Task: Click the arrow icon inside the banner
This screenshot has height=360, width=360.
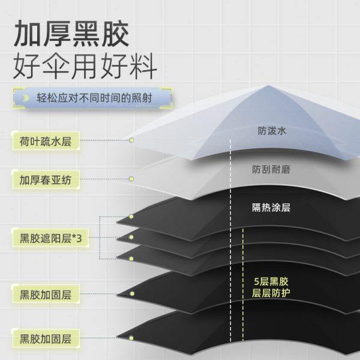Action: [26, 97]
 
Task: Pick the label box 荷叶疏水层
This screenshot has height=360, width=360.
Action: [45, 142]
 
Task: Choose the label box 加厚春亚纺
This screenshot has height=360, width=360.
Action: [45, 179]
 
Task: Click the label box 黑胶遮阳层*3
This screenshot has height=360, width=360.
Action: [50, 238]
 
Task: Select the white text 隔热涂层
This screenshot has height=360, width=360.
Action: [271, 208]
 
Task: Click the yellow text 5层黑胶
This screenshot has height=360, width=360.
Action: [271, 281]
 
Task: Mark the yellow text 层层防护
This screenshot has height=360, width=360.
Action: [271, 293]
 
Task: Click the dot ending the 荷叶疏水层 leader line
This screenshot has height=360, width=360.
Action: [132, 140]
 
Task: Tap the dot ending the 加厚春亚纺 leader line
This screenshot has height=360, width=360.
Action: [131, 179]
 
